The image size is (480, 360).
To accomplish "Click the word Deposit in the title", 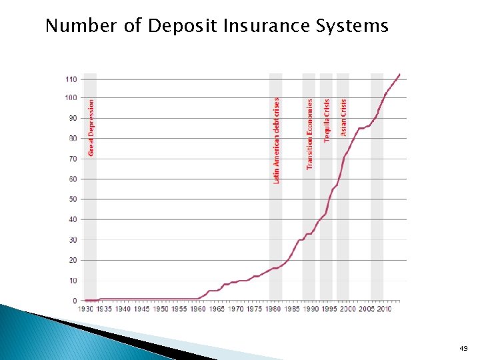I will pos(177,26).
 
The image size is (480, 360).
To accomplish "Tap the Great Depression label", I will pos(91,128).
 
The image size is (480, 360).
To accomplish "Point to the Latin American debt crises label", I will pos(277,140).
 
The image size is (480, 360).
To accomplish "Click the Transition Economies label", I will pos(309,134).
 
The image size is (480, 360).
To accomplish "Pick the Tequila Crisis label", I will pos(327,120).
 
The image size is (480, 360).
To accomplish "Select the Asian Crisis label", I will pos(344,117).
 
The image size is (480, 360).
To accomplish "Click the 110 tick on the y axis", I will pos(71,79).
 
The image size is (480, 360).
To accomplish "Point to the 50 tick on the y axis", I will pos(73,199).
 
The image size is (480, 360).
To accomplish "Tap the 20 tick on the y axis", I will pos(73,260).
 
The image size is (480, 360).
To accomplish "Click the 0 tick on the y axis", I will pos(75,301).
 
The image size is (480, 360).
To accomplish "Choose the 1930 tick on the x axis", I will pos(86,309).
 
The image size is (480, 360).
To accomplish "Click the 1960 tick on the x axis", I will pos(199,309).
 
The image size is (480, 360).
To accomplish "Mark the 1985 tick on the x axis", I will pos(292,309).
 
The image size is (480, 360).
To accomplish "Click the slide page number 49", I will pos(463,348).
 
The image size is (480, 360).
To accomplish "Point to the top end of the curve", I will pos(399,74).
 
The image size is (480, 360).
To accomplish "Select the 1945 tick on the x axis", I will pos(142,309).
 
